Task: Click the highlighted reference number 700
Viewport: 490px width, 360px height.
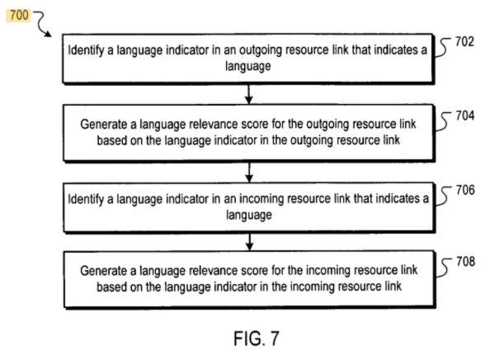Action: pyautogui.click(x=19, y=15)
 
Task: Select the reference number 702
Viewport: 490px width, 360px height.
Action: pyautogui.click(x=464, y=41)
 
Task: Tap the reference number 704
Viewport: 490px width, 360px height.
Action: pyautogui.click(x=465, y=116)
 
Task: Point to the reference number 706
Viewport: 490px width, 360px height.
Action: pyautogui.click(x=465, y=190)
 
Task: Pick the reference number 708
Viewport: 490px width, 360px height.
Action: pyautogui.click(x=465, y=262)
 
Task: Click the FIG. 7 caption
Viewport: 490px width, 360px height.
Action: pyautogui.click(x=257, y=339)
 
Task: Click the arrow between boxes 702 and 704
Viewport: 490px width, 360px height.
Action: pyautogui.click(x=249, y=94)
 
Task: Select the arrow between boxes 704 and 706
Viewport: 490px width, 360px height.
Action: pyautogui.click(x=249, y=172)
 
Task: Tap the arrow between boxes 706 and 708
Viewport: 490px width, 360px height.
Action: pyautogui.click(x=249, y=242)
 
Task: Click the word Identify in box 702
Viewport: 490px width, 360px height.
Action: pyautogui.click(x=86, y=50)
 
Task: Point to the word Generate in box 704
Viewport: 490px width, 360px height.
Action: pyautogui.click(x=104, y=125)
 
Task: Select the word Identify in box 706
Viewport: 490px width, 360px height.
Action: pyautogui.click(x=86, y=200)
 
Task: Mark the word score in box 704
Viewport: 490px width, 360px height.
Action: pyautogui.click(x=254, y=124)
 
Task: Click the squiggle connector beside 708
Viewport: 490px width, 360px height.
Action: pyautogui.click(x=444, y=268)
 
